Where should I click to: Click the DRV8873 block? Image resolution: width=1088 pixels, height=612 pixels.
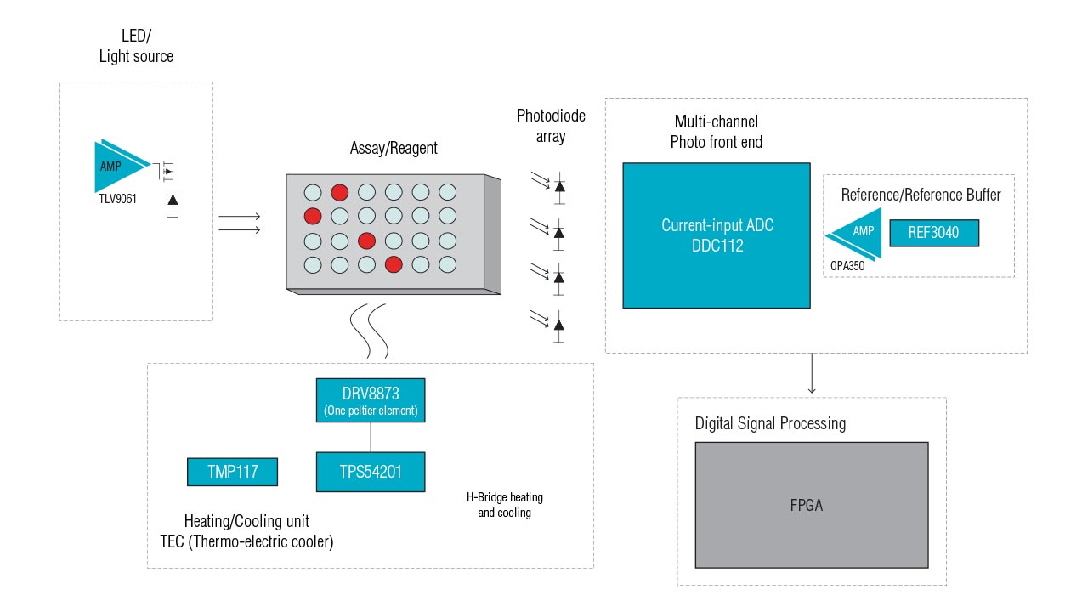(370, 400)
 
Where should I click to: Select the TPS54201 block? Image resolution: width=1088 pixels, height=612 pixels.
(370, 471)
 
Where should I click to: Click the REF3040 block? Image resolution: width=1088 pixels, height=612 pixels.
(934, 233)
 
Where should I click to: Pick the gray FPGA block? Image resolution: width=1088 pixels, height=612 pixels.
(811, 504)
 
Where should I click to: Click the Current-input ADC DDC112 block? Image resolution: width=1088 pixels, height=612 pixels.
(716, 235)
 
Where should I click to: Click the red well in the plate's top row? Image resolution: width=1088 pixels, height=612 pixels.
(339, 192)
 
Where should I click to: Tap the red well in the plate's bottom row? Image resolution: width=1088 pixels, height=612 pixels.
(394, 264)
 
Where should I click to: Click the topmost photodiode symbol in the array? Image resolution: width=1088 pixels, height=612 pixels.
(558, 184)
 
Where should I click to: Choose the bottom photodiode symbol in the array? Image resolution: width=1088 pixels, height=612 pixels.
(558, 323)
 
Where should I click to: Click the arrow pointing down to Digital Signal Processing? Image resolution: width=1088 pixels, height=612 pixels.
(812, 374)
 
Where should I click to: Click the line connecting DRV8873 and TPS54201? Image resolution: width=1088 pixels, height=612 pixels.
(370, 436)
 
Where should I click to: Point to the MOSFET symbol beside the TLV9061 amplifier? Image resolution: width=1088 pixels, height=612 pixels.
(167, 171)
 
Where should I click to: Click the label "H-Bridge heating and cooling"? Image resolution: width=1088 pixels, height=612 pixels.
(504, 505)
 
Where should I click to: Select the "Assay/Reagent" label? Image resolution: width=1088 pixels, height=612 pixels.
(394, 148)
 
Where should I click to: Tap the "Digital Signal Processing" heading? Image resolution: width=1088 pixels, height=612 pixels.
(770, 423)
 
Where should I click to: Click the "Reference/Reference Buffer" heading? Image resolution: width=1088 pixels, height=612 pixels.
(921, 195)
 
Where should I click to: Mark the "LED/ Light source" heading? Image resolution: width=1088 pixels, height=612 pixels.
(136, 47)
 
